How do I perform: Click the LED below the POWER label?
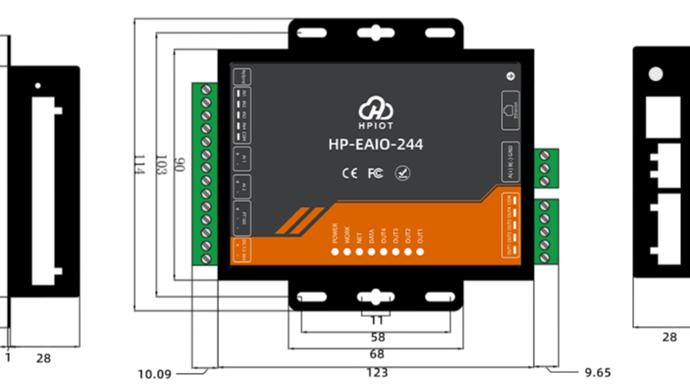point(335,252)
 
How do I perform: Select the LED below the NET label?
point(359,252)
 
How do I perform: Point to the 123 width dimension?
point(376,373)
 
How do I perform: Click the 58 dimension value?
point(376,338)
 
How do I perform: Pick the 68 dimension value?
point(376,354)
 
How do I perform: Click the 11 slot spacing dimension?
point(376,320)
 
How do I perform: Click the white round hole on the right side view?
point(656,75)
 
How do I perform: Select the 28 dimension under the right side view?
point(670,337)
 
